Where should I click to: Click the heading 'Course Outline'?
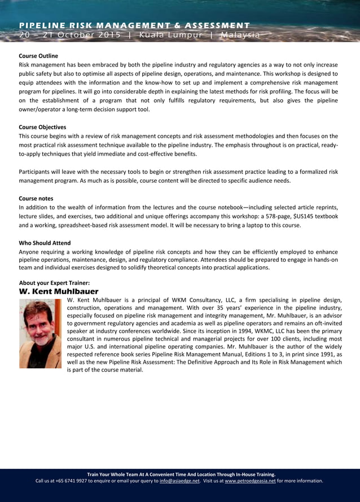click(38, 56)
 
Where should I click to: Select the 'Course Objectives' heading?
click(42, 127)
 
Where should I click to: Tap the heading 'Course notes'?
click(36, 199)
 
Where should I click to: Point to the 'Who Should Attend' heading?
click(45, 243)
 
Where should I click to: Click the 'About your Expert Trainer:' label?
click(54, 283)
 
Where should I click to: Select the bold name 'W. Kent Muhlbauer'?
click(59, 292)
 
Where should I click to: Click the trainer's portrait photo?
click(40, 333)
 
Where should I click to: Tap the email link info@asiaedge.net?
click(179, 481)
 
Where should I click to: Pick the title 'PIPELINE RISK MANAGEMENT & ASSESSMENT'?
click(134, 25)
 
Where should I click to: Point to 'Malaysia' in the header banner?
click(240, 35)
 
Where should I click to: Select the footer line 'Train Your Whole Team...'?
click(181, 474)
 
